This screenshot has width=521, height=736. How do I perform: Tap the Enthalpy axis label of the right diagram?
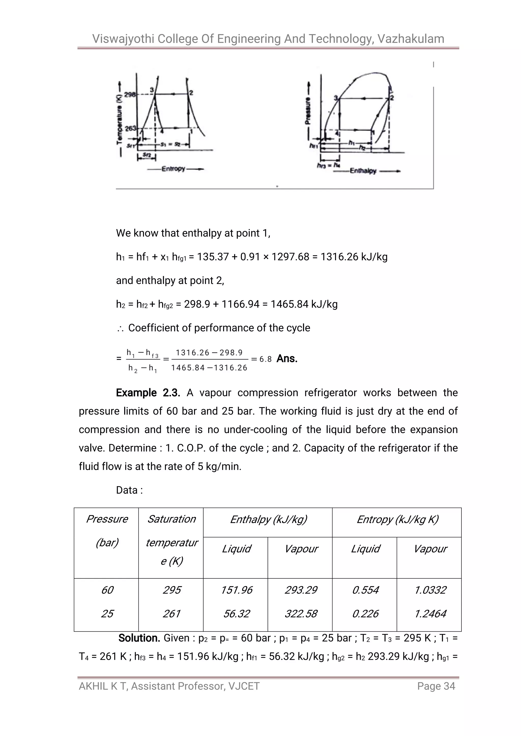tap(363, 171)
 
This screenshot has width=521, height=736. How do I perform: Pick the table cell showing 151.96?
tap(236, 590)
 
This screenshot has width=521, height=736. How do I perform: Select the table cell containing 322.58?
tap(301, 613)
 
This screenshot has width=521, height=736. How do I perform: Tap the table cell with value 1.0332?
tap(430, 590)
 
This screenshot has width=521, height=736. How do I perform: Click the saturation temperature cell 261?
tap(171, 613)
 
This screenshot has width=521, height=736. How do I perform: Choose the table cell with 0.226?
tap(365, 613)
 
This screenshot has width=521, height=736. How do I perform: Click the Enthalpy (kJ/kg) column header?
tap(268, 519)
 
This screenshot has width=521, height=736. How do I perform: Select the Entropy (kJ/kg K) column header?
tap(397, 519)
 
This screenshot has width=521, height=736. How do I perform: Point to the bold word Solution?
tap(139, 638)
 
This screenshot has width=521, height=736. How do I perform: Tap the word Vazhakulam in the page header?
tap(411, 39)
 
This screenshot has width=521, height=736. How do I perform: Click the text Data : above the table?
tap(129, 490)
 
